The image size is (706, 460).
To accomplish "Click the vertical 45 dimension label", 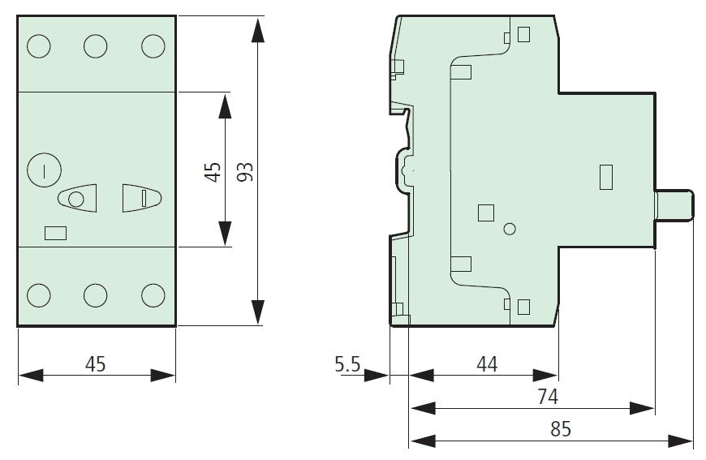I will pos(213,171).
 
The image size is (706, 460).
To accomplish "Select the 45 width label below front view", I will pos(96,364).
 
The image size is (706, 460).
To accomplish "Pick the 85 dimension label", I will pos(560,429).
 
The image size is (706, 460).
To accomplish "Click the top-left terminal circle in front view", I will pos(38,46).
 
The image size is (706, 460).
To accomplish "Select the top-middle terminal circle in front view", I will pos(96,46).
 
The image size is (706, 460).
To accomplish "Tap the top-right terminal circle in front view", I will pos(153,46).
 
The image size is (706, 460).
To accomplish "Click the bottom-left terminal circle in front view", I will pos(38,294).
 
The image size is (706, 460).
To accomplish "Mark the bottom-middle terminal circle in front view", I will pos(96,294).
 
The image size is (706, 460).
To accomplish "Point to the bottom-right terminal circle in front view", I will pos(153,294).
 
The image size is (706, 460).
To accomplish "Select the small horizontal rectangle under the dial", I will pos(55,233).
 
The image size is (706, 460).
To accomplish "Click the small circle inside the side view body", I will pos(509,229).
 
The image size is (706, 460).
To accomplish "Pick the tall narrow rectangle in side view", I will pos(605,177).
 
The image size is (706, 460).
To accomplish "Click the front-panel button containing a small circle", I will pos(77,199).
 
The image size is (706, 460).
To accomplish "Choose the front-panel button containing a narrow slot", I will pos(141,197).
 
